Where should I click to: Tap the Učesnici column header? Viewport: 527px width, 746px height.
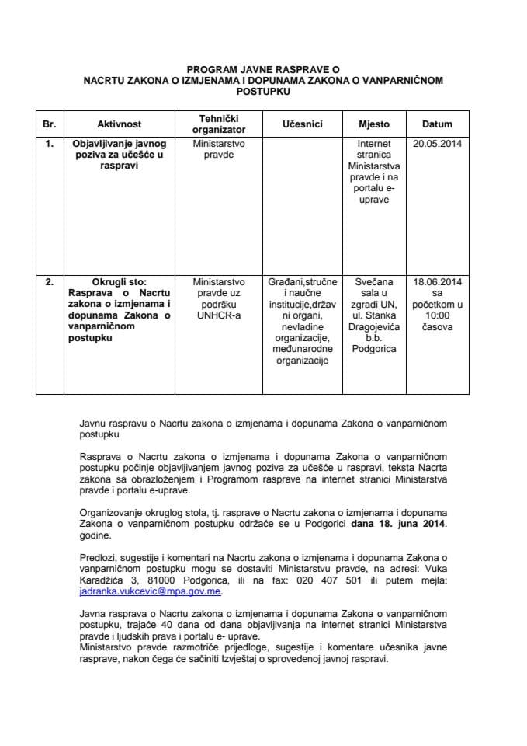click(302, 124)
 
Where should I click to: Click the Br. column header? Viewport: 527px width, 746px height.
click(50, 124)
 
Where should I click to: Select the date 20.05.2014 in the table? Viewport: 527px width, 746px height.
click(437, 145)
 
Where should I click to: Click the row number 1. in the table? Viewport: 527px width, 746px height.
click(50, 145)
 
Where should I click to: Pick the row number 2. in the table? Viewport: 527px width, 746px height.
click(50, 283)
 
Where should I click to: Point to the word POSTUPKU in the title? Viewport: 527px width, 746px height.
click(263, 90)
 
